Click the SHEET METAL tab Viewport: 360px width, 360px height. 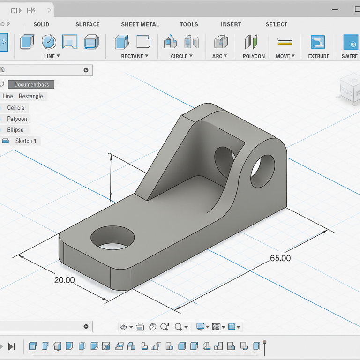140,24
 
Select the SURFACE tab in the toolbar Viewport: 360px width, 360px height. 88,24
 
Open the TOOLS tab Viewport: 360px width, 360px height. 189,24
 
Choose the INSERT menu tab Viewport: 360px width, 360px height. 231,24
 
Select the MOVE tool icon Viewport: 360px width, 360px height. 285,42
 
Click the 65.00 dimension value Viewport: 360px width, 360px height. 280,258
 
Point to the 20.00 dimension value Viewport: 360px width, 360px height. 64,280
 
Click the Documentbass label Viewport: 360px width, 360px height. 31,84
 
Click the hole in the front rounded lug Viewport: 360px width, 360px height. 263,171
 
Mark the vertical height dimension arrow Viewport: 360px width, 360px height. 111,177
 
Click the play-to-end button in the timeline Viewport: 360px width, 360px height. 12,346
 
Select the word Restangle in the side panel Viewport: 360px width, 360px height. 31,96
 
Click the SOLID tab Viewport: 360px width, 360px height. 41,24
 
